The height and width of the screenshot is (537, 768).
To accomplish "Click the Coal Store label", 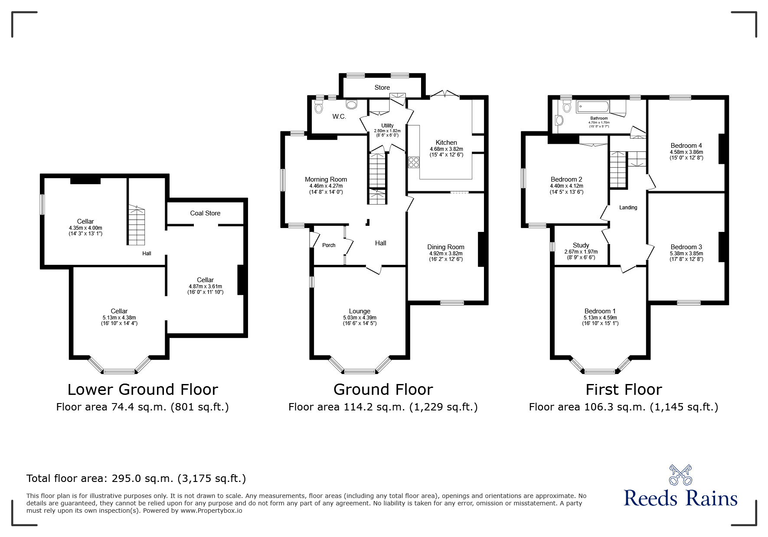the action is [x=205, y=213].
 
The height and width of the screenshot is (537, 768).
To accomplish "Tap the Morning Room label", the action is [x=326, y=179].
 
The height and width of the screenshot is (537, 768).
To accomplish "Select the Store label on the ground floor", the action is [x=382, y=88].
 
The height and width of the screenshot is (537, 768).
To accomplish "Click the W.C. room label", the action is [x=339, y=117].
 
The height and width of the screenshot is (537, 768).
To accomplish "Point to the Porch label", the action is [x=329, y=245].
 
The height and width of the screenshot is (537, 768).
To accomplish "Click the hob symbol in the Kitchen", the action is [x=414, y=162].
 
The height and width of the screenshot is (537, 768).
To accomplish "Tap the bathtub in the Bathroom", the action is [x=593, y=107].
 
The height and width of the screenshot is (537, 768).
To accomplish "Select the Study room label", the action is [x=581, y=245].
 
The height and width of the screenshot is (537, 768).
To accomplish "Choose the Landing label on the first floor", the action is [x=628, y=208].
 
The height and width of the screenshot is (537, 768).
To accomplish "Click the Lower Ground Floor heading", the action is [x=143, y=390].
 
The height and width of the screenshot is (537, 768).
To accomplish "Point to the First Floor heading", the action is [x=624, y=390].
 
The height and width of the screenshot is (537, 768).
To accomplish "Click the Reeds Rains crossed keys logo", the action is [x=681, y=475].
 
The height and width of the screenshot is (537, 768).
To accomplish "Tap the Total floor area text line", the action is [x=136, y=478].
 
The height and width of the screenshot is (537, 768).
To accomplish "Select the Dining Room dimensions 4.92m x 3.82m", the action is [x=446, y=254].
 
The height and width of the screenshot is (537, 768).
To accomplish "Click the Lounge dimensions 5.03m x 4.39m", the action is [x=359, y=318].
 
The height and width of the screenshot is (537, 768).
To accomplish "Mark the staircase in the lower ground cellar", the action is [x=137, y=225].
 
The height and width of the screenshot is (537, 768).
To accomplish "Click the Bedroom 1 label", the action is [x=600, y=311].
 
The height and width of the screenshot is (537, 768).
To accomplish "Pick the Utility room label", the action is [x=387, y=126].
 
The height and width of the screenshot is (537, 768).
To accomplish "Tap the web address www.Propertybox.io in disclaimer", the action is [x=211, y=511].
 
